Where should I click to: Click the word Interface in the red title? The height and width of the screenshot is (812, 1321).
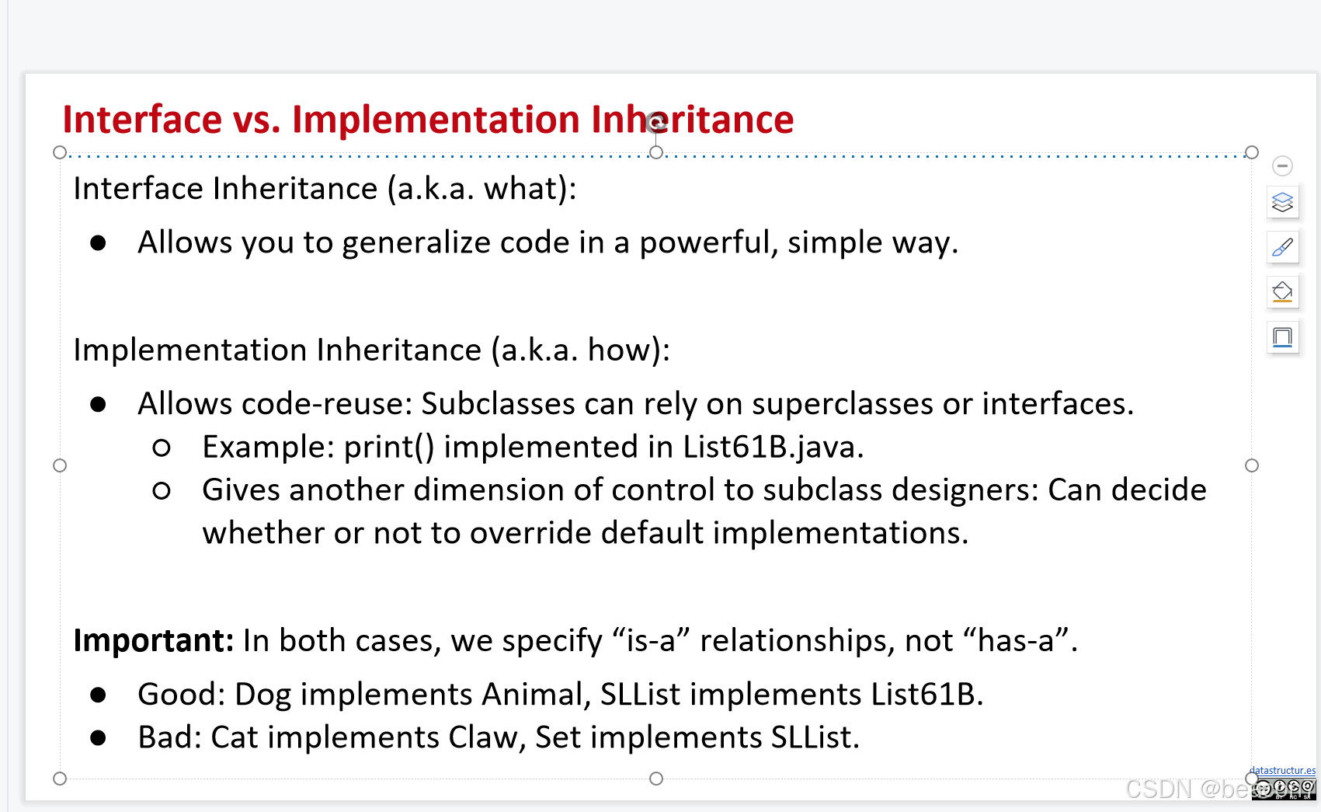point(142,120)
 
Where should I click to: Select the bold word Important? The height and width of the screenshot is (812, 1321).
point(153,640)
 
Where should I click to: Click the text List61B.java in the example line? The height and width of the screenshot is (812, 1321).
point(772,448)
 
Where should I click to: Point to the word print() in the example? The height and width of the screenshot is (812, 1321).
point(388,448)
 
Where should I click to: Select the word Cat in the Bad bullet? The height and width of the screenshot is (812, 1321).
point(234,737)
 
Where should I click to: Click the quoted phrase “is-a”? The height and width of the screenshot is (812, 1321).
point(651,640)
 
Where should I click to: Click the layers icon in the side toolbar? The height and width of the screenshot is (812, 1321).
point(1282,202)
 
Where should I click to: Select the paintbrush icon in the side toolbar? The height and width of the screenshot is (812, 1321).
point(1282,247)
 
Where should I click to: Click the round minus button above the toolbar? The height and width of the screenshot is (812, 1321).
point(1282,166)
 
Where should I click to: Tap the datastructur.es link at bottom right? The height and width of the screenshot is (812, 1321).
point(1282,770)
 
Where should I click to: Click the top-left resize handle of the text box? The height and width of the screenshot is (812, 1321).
point(60,152)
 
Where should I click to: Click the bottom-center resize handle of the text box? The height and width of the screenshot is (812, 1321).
point(656,779)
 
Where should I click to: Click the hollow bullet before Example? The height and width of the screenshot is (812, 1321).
point(162,448)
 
